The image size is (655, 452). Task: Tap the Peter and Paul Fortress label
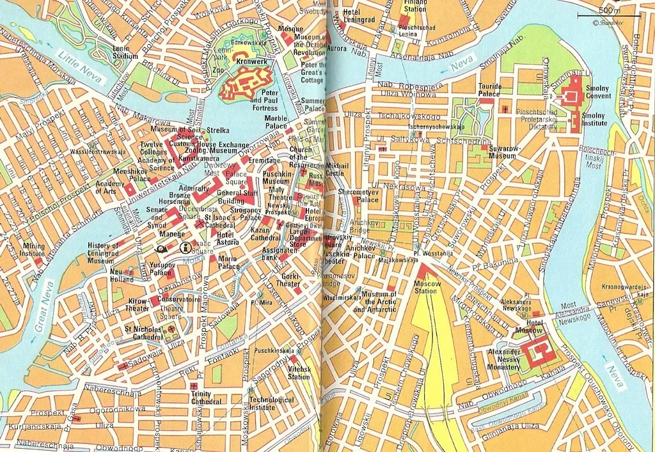tap(264, 104)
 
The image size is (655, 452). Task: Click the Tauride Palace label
tap(489, 90)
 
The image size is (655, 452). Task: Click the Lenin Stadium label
tap(125, 52)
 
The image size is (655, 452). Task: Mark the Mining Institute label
tap(34, 249)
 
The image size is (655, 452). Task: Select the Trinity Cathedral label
tap(206, 398)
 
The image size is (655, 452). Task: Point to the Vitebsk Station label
tap(299, 373)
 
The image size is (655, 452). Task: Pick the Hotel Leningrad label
tap(360, 16)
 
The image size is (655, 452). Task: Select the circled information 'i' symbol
tap(185, 248)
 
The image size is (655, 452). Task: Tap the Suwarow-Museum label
tap(502, 152)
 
